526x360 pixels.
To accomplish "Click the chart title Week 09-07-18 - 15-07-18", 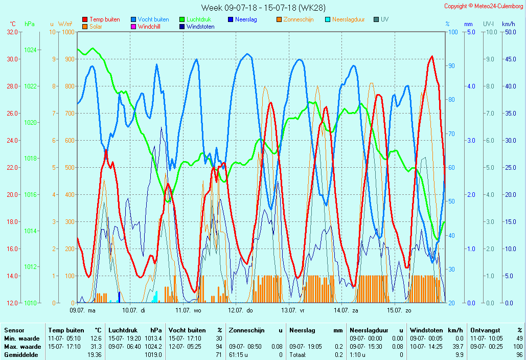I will coord(263,8).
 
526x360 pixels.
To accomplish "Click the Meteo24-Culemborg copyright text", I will coord(483,6).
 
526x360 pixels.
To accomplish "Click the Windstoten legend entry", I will coord(200,27).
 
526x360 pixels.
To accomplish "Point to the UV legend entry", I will coord(384,19).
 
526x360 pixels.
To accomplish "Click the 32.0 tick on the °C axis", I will coord(12,32).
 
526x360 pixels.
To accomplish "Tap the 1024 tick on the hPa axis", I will coord(30,50).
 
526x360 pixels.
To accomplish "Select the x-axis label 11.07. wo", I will coord(188,310).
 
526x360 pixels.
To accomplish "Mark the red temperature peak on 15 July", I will coord(432,57).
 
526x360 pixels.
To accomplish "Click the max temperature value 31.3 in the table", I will coord(96,346).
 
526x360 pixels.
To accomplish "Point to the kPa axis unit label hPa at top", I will coord(30,24).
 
